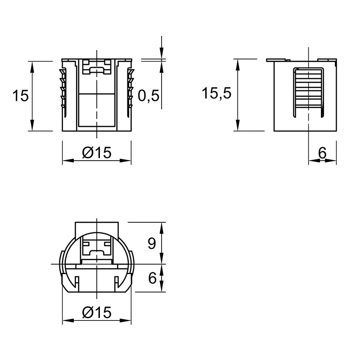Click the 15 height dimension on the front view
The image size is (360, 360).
coord(21,95)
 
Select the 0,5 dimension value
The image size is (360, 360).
coord(148,95)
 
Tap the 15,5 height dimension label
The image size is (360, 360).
coord(216,94)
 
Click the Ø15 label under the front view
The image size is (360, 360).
coord(97,152)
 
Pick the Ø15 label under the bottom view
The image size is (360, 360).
coord(97,312)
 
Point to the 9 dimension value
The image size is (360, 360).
coord(152,243)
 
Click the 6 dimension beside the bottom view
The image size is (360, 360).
coord(152,278)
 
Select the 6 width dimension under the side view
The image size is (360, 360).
coord(322,153)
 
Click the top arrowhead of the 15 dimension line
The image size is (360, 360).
coord(32,67)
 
